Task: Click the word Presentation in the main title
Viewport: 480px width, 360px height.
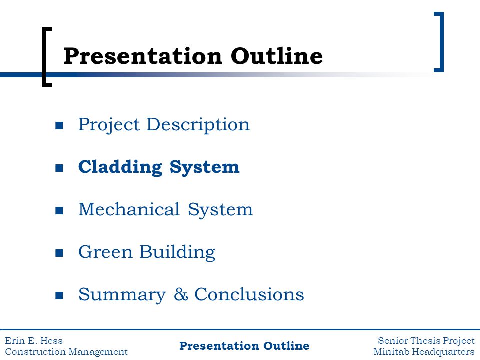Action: (x=142, y=56)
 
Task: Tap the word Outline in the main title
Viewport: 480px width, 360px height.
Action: (x=276, y=56)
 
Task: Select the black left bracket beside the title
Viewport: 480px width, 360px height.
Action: (x=44, y=57)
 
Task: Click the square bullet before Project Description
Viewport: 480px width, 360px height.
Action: (x=59, y=125)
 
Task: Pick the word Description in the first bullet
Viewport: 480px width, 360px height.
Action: (x=198, y=125)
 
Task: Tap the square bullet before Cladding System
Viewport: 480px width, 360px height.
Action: (x=59, y=168)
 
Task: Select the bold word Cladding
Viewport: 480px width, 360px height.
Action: (x=120, y=167)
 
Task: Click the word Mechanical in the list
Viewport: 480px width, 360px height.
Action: (x=129, y=209)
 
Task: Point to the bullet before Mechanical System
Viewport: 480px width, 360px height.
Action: (x=59, y=210)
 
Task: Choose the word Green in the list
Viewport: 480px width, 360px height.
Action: (x=105, y=252)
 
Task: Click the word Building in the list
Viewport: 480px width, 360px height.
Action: (x=177, y=252)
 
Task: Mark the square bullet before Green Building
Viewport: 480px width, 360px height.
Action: (x=59, y=253)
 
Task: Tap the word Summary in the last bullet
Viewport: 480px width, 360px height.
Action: (x=122, y=295)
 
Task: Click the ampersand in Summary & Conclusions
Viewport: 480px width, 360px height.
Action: (x=181, y=295)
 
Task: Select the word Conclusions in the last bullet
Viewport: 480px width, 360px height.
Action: (x=249, y=294)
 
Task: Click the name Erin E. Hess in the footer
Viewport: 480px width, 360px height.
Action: (x=34, y=340)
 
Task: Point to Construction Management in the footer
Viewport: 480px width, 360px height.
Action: (x=66, y=352)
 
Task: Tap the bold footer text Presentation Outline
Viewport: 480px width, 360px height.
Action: (x=244, y=346)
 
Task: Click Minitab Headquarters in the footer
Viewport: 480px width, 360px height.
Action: (x=424, y=352)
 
